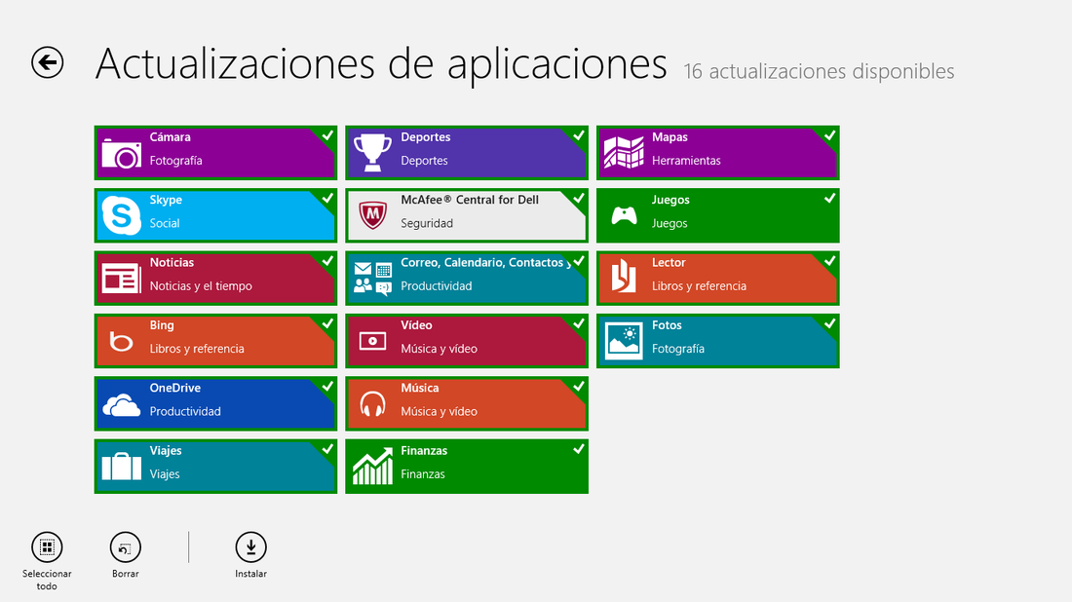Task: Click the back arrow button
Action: tap(47, 63)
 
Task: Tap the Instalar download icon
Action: tap(250, 547)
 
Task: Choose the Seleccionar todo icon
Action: tap(47, 547)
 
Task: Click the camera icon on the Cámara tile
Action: tap(121, 152)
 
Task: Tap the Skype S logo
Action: tap(121, 215)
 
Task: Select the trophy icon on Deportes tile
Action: tap(372, 152)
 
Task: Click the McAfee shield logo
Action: tap(372, 215)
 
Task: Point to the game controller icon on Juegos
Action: tap(624, 216)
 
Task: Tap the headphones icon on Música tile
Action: tap(372, 404)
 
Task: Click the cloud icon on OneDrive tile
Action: tap(121, 405)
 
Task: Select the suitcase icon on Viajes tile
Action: tap(121, 466)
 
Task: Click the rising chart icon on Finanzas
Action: tap(372, 466)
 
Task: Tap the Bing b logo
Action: tap(121, 341)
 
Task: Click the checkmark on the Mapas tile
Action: tap(829, 135)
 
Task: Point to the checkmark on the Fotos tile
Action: tap(829, 323)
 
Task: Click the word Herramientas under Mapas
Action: tap(686, 161)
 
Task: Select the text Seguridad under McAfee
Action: tap(427, 223)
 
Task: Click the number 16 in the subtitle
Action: tap(693, 71)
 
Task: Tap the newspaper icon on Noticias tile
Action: tap(121, 279)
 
